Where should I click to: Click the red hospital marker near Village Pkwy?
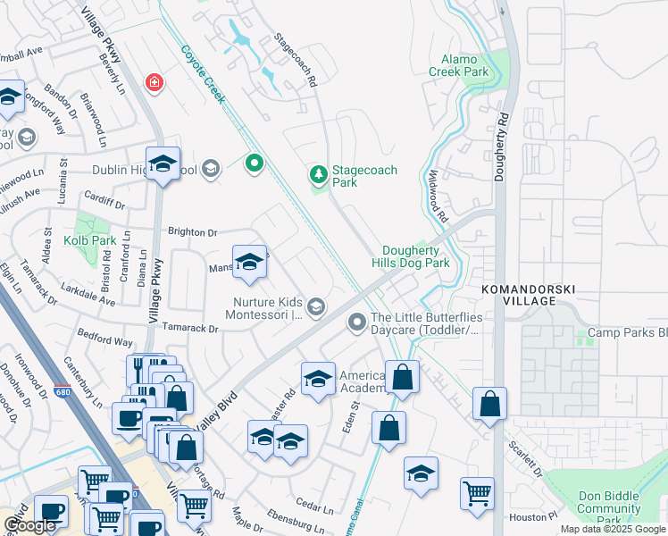155,82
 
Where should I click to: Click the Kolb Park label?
89,242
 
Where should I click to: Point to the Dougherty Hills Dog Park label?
415,257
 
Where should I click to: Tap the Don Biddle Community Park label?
607,508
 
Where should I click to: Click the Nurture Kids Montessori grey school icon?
315,308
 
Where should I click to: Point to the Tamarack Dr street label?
188,329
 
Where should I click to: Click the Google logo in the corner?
29,525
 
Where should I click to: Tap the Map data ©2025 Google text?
613,529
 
